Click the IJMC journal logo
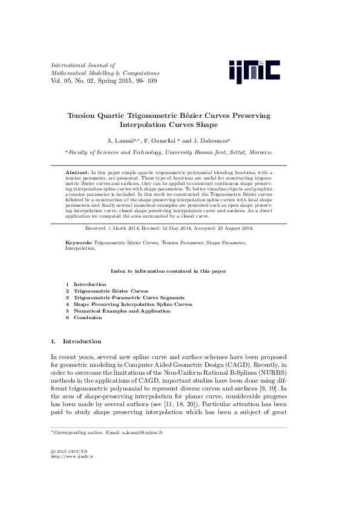click(x=254, y=71)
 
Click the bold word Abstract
click(x=77, y=173)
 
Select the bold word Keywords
click(x=79, y=242)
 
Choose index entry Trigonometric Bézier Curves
click(x=111, y=291)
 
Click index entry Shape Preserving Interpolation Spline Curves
click(x=133, y=304)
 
